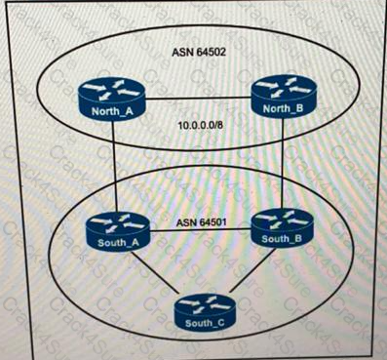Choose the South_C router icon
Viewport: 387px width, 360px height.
coord(200,309)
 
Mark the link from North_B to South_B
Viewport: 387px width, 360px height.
coord(283,161)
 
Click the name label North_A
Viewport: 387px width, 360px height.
coord(109,111)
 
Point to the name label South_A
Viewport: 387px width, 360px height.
coord(113,241)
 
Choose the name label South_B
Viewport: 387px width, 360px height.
coord(281,237)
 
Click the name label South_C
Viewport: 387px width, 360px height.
coord(200,319)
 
